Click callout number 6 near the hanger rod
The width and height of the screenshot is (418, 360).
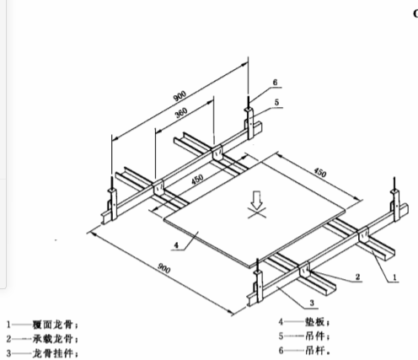[x=275, y=83]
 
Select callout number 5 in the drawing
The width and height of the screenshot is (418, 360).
[x=276, y=102]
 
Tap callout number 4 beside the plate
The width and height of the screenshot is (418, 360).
[x=176, y=245]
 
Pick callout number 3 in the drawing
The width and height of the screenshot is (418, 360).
[x=312, y=303]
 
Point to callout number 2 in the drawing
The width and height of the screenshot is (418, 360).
[x=357, y=277]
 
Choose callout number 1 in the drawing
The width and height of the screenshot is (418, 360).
[x=394, y=277]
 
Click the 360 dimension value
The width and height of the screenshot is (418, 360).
[x=181, y=113]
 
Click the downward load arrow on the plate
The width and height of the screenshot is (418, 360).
[x=257, y=200]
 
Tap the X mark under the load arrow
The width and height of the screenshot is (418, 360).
[x=257, y=212]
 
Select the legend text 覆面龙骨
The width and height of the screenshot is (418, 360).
[x=52, y=325]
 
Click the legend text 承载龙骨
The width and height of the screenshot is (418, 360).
[x=52, y=339]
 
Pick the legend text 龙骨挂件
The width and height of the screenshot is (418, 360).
[x=52, y=353]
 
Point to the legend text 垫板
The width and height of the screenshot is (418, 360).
[x=314, y=322]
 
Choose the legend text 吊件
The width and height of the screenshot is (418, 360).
[x=314, y=336]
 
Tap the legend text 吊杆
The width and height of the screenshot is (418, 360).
[x=314, y=351]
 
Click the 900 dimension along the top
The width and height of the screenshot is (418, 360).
[x=180, y=96]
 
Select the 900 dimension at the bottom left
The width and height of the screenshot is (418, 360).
[x=163, y=268]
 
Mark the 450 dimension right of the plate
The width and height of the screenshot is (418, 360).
[x=320, y=172]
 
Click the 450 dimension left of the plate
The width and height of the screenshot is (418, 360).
[x=197, y=180]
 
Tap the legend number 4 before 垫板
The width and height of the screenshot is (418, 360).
[x=281, y=322]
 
